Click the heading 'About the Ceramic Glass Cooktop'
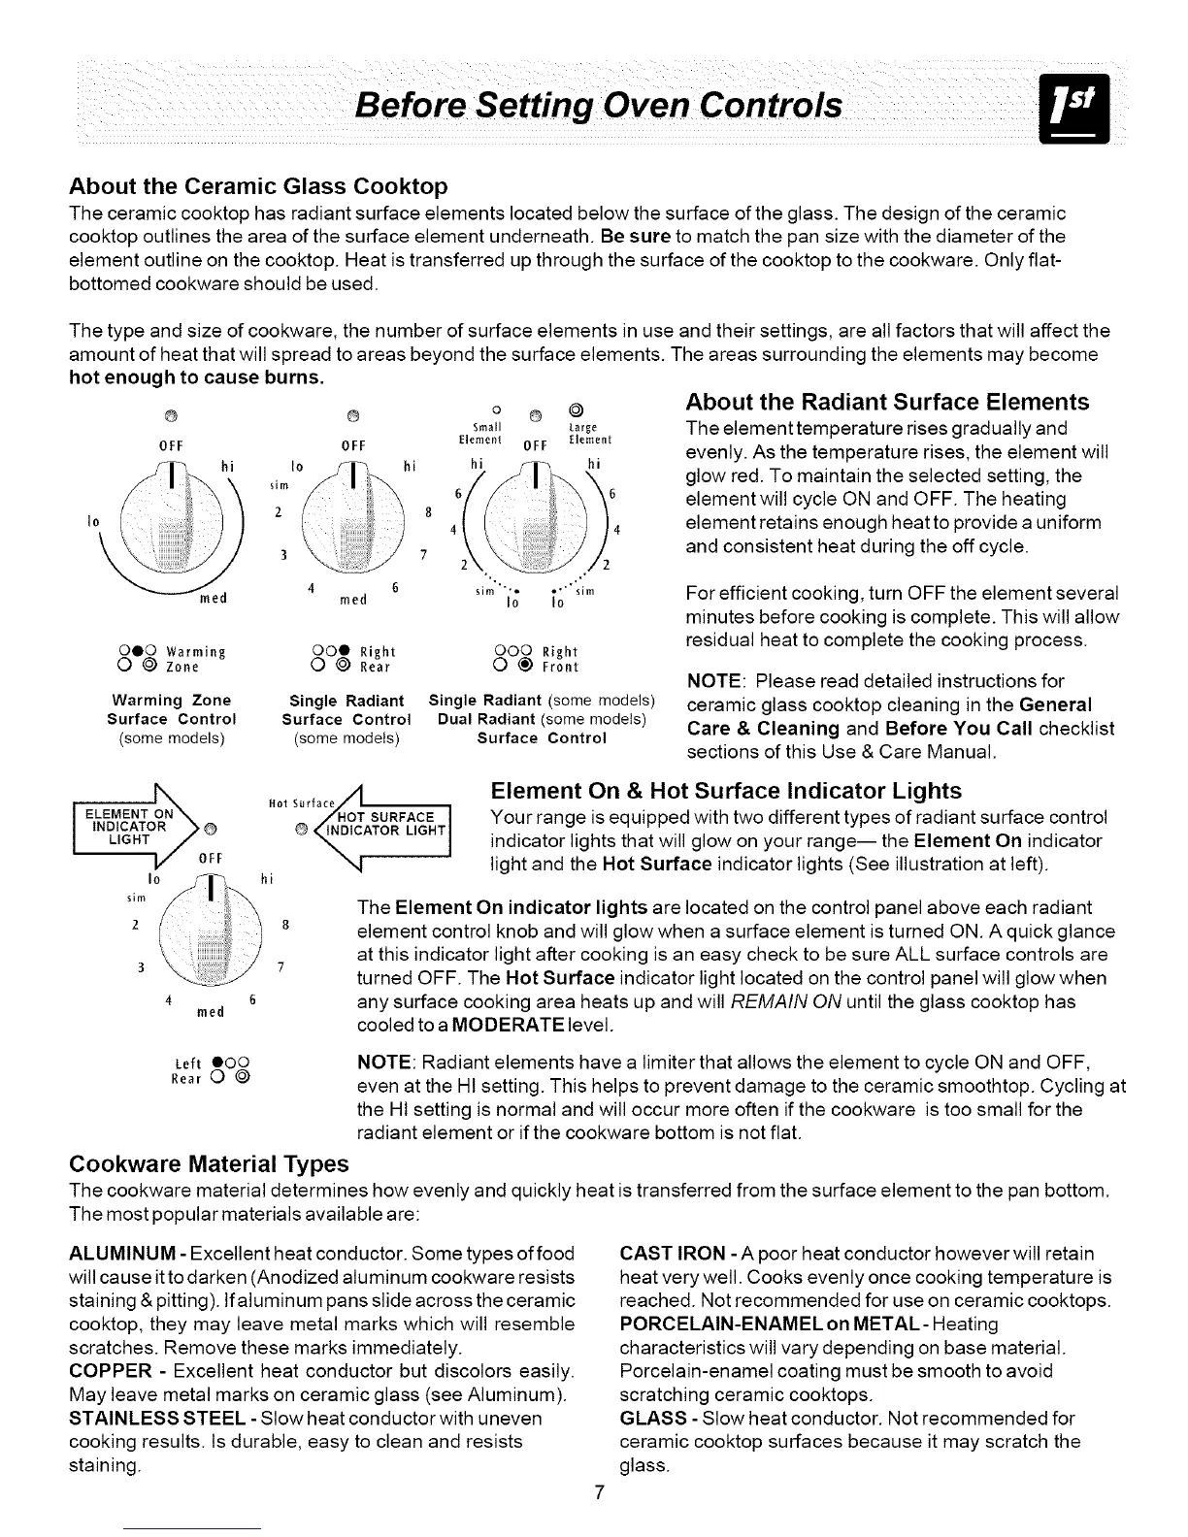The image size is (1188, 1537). click(258, 186)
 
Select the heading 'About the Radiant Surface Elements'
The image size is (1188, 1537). click(887, 402)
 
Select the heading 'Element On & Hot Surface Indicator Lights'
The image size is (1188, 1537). click(727, 790)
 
